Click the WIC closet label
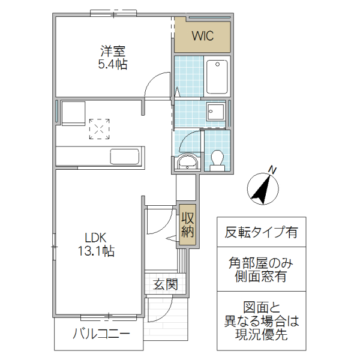pos(202,35)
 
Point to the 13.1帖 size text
pos(95,251)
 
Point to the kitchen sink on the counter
pos(125,157)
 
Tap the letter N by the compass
pos(272,170)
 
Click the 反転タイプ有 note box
pos(261,233)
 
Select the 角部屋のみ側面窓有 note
pos(261,269)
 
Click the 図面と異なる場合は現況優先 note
pos(261,320)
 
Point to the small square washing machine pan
pos(214,112)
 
